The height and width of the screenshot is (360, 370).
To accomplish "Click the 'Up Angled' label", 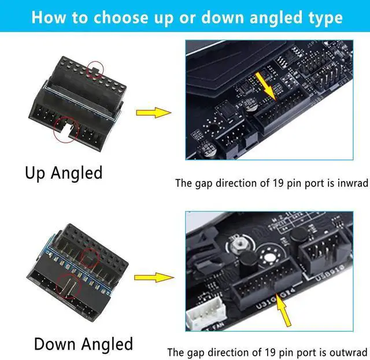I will (64, 172).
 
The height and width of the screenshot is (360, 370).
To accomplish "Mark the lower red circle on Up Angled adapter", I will (66, 128).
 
